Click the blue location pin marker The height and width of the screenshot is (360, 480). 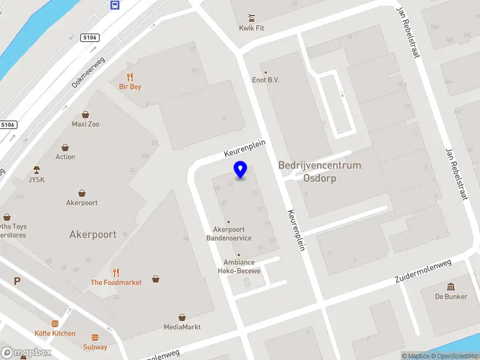click(241, 170)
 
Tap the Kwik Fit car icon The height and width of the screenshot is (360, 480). click(252, 17)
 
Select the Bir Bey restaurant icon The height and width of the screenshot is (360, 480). click(130, 77)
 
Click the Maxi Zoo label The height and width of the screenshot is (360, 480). click(86, 124)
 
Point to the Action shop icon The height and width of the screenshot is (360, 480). click(65, 147)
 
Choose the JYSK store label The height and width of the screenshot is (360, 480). click(37, 179)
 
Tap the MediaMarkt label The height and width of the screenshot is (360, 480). click(182, 327)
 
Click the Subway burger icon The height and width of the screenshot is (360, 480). click(95, 337)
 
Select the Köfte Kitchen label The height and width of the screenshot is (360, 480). click(55, 333)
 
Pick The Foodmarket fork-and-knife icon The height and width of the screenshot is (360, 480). click(116, 272)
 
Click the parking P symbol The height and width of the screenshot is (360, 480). click(17, 281)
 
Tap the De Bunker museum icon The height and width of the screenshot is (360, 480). click(451, 286)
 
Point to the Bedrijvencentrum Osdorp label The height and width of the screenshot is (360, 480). click(319, 172)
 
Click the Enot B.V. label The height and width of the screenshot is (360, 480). click(266, 80)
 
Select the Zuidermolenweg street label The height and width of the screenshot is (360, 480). click(422, 272)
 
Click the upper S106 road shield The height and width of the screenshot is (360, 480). click(89, 38)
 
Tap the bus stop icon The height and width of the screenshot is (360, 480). click(114, 5)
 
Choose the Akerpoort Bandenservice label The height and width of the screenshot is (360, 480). click(229, 233)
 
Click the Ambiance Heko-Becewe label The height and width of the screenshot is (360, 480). click(239, 266)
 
